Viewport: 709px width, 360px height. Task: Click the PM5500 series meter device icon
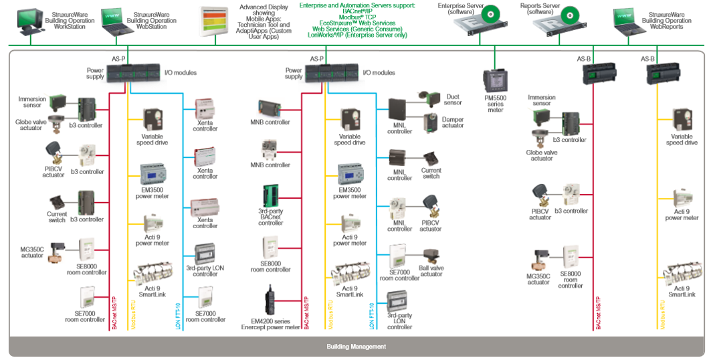[495, 81]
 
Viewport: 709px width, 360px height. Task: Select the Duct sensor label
[453, 100]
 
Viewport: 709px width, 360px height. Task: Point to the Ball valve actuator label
[431, 270]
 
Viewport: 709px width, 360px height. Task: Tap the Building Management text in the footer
[356, 347]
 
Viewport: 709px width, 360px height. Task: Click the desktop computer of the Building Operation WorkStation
[32, 22]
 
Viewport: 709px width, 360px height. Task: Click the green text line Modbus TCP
[357, 17]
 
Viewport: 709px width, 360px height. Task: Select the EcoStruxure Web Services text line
[357, 23]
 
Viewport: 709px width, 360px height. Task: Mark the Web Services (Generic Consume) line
[357, 29]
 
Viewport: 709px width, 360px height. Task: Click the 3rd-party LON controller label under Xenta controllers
[205, 271]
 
